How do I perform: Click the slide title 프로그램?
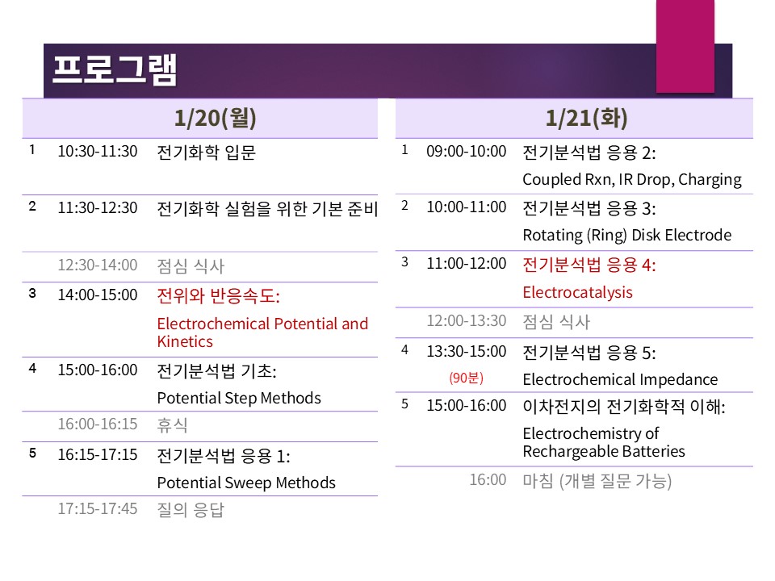tap(114, 69)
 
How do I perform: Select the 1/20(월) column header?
tap(215, 118)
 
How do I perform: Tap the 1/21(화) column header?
tap(586, 118)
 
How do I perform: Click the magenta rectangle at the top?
tap(685, 46)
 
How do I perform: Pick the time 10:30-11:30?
tap(98, 151)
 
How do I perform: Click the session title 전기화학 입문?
tap(206, 153)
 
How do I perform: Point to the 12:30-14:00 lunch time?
tap(98, 265)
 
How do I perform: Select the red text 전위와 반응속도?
tap(219, 296)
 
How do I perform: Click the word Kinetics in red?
tap(185, 341)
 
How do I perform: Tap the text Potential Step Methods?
tap(239, 398)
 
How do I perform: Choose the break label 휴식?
tap(172, 424)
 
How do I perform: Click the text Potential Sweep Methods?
tap(246, 483)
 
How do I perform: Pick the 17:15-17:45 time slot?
tap(98, 508)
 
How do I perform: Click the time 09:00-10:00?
tap(466, 151)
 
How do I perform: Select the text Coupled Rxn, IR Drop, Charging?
tap(632, 180)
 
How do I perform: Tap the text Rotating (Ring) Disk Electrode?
tap(627, 235)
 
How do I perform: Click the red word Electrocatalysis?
tap(578, 292)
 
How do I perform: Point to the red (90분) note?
tap(466, 378)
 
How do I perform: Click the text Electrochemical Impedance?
tap(620, 379)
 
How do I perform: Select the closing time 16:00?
tap(488, 479)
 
